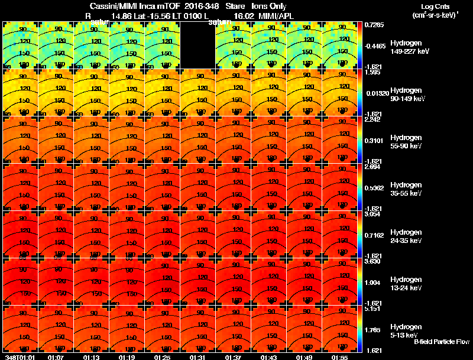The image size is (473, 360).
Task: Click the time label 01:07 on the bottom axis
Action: click(x=56, y=357)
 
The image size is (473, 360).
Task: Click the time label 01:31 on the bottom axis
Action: click(x=198, y=357)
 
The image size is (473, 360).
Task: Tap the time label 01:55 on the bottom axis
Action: click(x=340, y=357)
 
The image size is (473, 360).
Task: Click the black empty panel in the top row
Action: click(x=198, y=45)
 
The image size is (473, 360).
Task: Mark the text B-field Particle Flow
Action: click(x=441, y=342)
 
